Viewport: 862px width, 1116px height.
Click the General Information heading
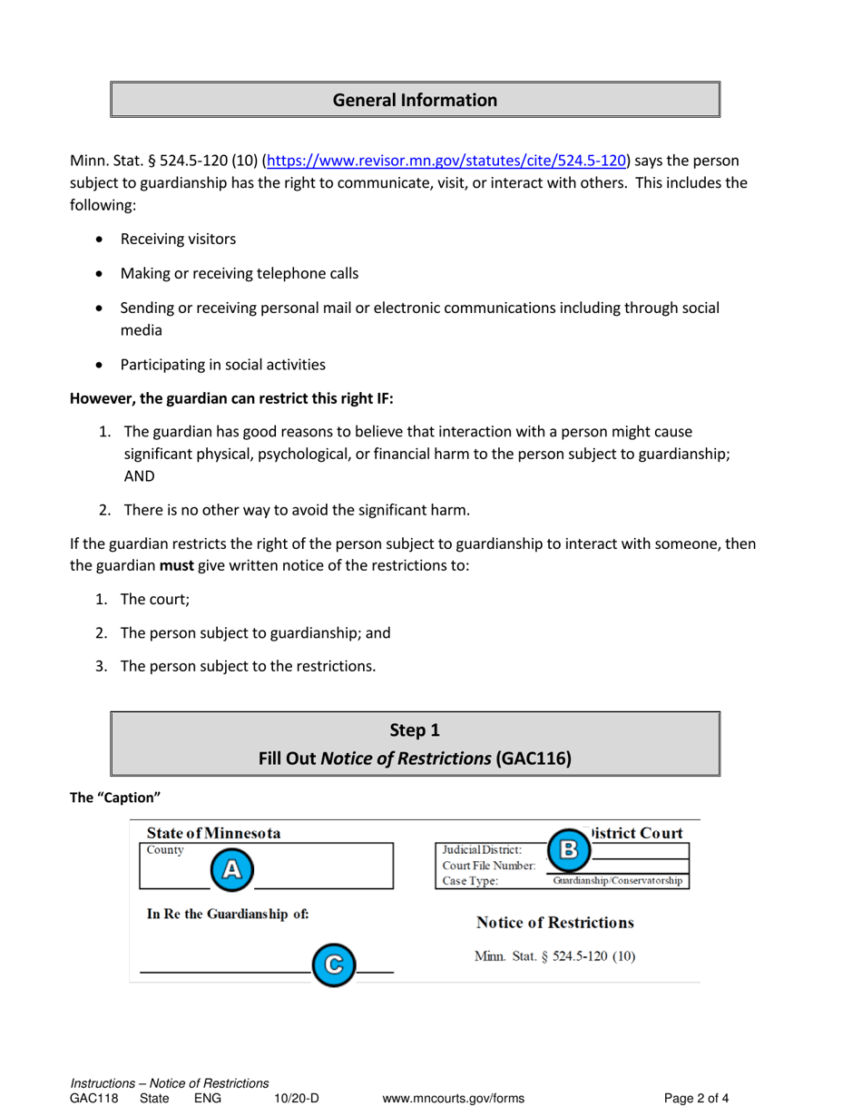(x=415, y=100)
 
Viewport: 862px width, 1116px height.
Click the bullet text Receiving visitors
(x=178, y=240)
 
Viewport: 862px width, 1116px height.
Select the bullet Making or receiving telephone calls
(x=244, y=273)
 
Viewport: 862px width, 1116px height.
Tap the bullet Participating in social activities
(x=222, y=366)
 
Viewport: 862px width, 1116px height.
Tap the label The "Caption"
(x=115, y=798)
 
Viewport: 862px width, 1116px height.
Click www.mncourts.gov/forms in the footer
(x=454, y=1098)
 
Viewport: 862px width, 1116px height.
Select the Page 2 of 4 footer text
(x=697, y=1098)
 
